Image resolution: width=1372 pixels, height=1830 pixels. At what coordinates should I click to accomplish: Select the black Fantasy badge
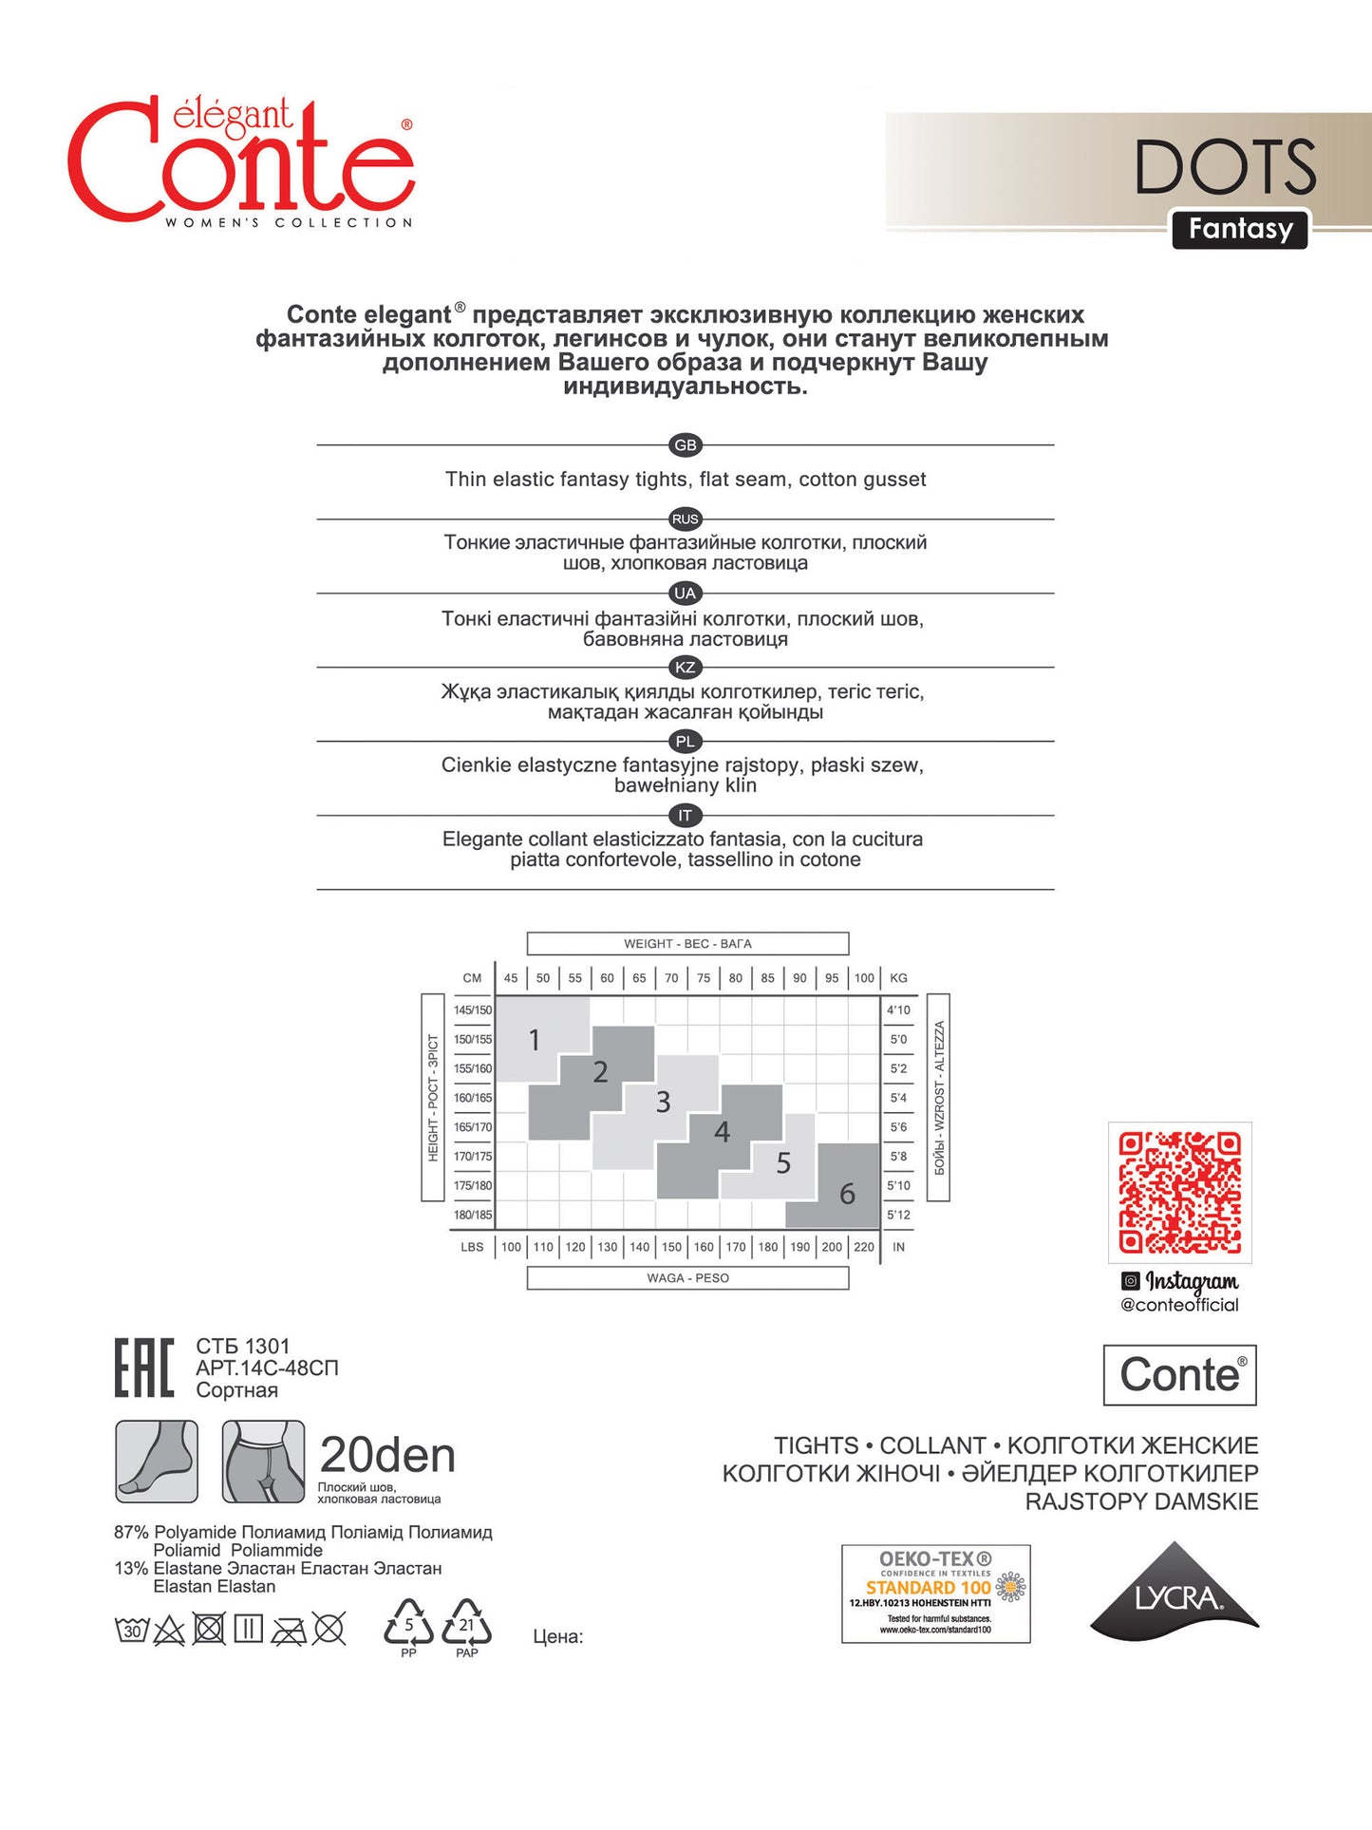[1240, 229]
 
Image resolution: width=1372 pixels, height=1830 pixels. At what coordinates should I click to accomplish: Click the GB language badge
[685, 445]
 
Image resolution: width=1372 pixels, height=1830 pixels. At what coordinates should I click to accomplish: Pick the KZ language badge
[685, 668]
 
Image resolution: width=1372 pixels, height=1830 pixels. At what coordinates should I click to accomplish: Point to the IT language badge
[685, 816]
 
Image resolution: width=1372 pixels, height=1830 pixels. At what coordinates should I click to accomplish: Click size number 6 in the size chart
[847, 1194]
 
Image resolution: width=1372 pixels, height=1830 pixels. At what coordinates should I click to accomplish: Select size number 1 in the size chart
[535, 1040]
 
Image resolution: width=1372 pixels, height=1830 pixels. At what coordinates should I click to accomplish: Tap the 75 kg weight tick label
[704, 978]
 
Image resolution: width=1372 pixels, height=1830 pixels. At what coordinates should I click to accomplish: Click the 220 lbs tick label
[864, 1247]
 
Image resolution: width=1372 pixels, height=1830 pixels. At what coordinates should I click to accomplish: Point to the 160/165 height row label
[473, 1098]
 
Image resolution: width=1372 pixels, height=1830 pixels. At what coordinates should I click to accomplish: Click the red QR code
[1179, 1192]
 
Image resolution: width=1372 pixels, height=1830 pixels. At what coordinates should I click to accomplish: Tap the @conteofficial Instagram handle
[1179, 1305]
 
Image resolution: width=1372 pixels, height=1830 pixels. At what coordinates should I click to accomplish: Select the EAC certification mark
[144, 1368]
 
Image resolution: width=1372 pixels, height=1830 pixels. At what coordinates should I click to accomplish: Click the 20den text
[387, 1455]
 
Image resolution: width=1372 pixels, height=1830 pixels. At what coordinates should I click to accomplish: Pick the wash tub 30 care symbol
[131, 1631]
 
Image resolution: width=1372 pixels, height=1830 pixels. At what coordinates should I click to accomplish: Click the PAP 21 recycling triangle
[467, 1626]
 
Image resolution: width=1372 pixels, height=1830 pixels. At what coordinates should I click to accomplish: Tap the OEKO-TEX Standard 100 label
[935, 1594]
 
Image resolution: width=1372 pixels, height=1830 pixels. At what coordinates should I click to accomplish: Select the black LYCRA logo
[1175, 1594]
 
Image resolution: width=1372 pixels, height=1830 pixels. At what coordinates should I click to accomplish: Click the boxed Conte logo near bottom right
[1179, 1375]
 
